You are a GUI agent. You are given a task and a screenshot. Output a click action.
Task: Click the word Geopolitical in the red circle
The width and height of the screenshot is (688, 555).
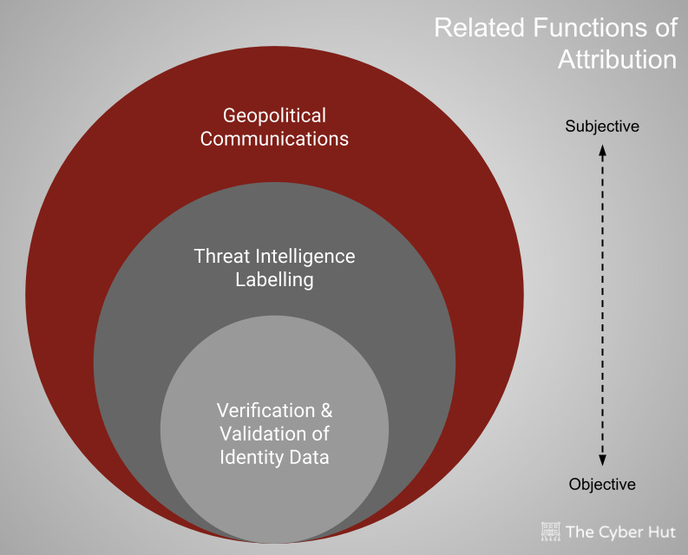pyautogui.click(x=274, y=115)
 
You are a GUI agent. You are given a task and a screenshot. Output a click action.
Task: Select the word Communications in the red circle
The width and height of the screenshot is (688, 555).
pyautogui.click(x=274, y=139)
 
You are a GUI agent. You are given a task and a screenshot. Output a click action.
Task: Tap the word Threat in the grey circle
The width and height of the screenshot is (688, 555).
pyautogui.click(x=220, y=257)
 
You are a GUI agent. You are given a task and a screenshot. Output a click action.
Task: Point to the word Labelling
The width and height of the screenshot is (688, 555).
pyautogui.click(x=274, y=280)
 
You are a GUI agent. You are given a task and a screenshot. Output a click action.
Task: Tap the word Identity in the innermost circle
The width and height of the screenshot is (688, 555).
pyautogui.click(x=252, y=457)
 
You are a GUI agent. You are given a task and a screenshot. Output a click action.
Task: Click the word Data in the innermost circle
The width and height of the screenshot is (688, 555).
pyautogui.click(x=310, y=457)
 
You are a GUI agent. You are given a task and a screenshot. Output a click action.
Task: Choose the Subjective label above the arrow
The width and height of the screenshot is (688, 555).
pyautogui.click(x=602, y=127)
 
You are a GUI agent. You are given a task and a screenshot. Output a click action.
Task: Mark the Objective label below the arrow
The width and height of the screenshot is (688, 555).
pyautogui.click(x=602, y=485)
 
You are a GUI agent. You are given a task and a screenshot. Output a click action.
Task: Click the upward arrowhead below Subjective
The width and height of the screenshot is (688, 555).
pyautogui.click(x=602, y=150)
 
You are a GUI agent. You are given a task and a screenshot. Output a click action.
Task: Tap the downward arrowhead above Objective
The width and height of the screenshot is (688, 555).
pyautogui.click(x=602, y=460)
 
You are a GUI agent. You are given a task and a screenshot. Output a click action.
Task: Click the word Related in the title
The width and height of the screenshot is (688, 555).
pyautogui.click(x=477, y=28)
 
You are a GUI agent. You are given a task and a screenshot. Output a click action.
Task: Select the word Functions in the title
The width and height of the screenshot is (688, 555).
pyautogui.click(x=588, y=28)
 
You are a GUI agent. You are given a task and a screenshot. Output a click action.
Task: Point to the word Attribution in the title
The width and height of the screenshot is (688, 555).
pyautogui.click(x=617, y=60)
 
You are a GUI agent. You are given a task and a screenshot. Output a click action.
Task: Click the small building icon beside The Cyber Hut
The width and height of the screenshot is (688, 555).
pyautogui.click(x=550, y=531)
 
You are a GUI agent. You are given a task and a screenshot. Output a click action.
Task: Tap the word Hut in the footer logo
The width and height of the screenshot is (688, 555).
pyautogui.click(x=661, y=532)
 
